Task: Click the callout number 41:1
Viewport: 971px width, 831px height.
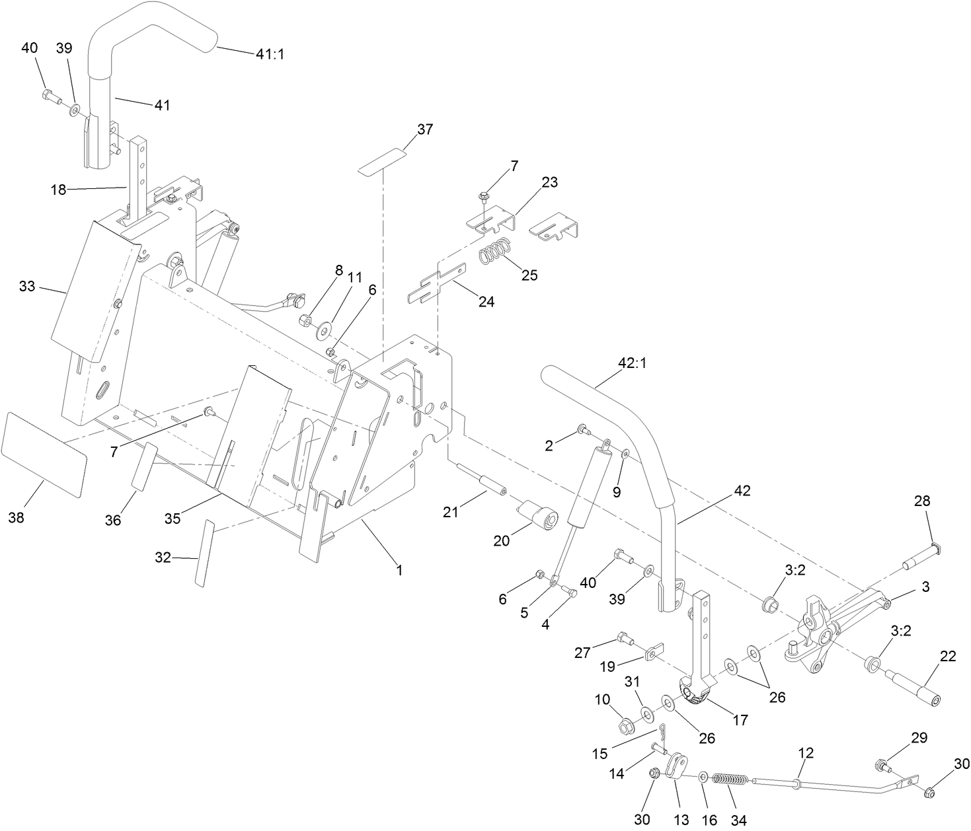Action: click(270, 54)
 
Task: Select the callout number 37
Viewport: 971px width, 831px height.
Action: click(425, 129)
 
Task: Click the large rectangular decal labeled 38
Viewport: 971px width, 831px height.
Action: click(44, 454)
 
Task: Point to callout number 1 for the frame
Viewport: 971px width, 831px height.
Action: click(399, 569)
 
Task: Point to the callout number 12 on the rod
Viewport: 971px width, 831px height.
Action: click(806, 752)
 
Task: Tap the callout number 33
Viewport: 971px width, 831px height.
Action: click(26, 287)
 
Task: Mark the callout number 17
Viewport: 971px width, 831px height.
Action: click(741, 719)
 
